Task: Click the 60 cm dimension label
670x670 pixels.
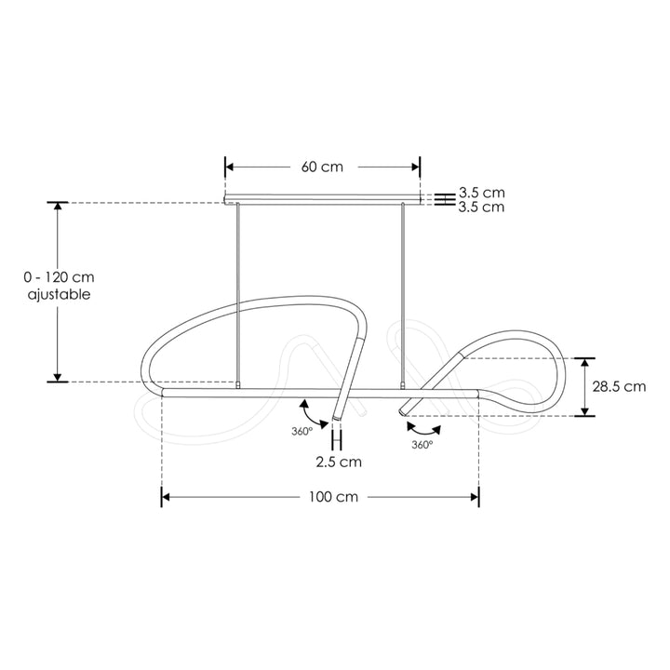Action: pyautogui.click(x=322, y=167)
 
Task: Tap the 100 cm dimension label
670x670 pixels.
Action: pyautogui.click(x=333, y=497)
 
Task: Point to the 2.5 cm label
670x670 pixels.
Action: pyautogui.click(x=338, y=462)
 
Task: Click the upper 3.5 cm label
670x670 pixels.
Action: pyautogui.click(x=481, y=194)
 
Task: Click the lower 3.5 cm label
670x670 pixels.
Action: pyautogui.click(x=481, y=208)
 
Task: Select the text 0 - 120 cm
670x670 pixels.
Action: pyautogui.click(x=60, y=277)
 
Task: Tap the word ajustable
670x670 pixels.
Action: pyautogui.click(x=60, y=293)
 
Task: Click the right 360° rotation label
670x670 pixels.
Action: pyautogui.click(x=422, y=445)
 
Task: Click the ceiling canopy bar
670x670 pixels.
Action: pyautogui.click(x=323, y=199)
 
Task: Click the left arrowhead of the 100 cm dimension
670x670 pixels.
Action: pyautogui.click(x=167, y=497)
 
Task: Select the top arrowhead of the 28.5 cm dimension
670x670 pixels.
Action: pyautogui.click(x=584, y=363)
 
